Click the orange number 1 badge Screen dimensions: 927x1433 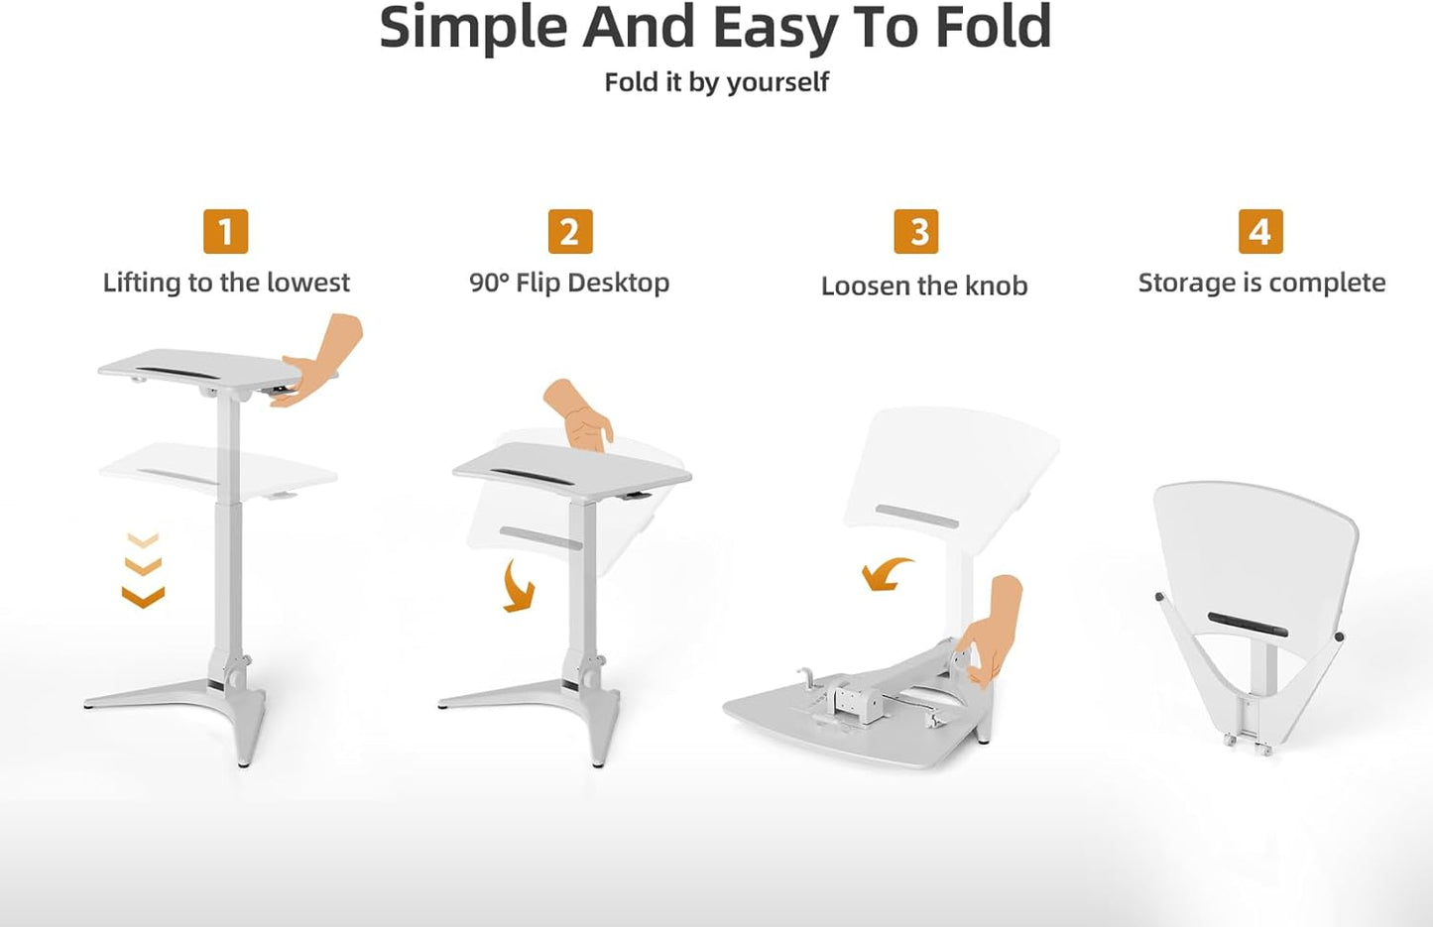225,232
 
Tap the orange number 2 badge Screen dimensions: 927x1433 569,232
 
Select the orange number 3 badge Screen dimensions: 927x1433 915,232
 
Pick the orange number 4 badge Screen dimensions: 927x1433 1259,232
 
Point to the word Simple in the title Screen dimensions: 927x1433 473,28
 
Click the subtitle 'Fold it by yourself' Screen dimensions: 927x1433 716,82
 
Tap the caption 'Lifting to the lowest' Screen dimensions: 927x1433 226,283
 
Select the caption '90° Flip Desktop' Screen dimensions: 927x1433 569,283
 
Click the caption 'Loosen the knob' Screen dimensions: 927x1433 924,286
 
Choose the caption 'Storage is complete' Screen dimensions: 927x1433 1261,283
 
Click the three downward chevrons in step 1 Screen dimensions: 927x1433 143,569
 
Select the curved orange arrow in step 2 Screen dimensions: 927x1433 518,586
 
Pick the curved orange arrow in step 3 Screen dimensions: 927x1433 886,573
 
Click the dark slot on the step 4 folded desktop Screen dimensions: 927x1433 1248,624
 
